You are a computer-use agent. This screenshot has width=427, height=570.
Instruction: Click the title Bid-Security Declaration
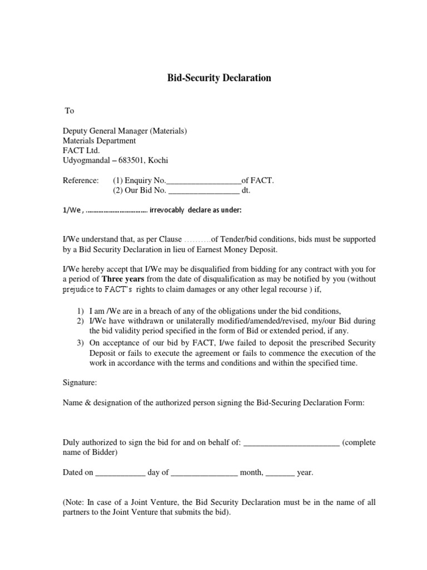coord(219,78)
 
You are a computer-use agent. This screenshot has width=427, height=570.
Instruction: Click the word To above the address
coord(69,111)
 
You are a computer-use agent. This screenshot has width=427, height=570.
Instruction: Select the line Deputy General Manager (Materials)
coord(125,131)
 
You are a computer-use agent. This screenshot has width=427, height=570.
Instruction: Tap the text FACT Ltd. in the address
coord(78,151)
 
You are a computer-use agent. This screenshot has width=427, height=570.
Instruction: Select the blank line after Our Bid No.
coord(203,191)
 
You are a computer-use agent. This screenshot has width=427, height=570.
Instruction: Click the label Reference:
coord(80,181)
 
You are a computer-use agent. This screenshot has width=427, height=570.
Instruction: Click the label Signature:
coord(80,383)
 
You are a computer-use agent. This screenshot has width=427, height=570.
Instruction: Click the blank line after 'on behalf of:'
coord(291,443)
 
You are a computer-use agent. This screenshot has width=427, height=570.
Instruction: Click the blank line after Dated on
coord(120,473)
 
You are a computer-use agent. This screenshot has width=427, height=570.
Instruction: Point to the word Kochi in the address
coord(156,161)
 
